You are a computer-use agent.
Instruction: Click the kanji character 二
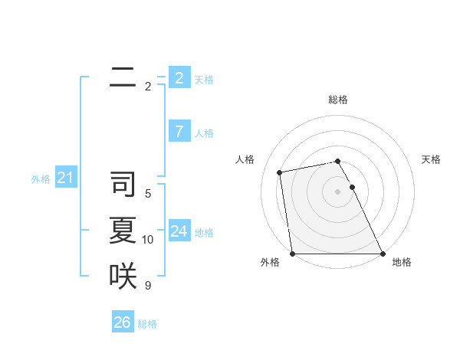123,77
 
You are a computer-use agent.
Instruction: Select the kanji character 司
123,185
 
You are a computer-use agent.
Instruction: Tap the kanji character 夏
123,231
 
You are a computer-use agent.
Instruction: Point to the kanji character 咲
123,276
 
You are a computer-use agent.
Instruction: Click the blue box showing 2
179,77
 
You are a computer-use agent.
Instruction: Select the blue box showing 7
179,132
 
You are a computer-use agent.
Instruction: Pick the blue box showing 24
179,231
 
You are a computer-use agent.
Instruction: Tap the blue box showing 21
65,178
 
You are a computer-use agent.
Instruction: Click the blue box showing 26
122,322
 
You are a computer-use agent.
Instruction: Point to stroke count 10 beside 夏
148,240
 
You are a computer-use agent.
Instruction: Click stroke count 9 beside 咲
148,286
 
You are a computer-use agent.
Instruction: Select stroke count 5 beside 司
148,194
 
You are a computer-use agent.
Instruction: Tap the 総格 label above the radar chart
338,100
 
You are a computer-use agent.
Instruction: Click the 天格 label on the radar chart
431,159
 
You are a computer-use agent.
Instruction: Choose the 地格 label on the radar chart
402,262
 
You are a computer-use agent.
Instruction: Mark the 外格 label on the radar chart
270,262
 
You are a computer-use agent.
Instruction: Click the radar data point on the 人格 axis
280,172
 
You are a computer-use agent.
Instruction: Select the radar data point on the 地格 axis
382,254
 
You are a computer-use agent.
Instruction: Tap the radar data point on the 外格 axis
293,254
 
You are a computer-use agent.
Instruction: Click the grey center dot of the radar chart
338,191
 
